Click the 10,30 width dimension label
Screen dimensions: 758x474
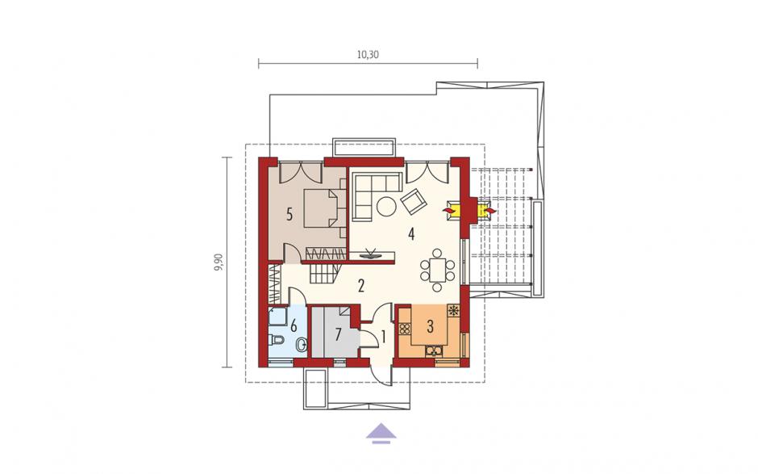point(368,55)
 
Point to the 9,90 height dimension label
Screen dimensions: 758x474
point(219,262)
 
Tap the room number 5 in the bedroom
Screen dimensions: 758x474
point(289,214)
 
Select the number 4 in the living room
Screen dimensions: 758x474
point(411,234)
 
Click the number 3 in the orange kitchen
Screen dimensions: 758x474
point(430,326)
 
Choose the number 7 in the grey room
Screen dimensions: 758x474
point(338,334)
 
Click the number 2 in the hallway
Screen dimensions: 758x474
point(360,286)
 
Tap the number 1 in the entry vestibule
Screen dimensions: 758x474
point(383,337)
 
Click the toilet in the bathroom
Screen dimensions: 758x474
point(276,340)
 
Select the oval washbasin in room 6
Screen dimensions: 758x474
point(301,344)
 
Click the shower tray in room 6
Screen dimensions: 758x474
point(277,317)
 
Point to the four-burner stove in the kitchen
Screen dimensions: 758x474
point(404,329)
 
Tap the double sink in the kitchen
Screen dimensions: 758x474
point(434,350)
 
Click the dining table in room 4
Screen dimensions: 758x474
point(437,271)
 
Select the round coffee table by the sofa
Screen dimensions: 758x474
point(387,207)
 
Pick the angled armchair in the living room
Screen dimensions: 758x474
point(414,201)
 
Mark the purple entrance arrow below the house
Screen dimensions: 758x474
point(381,433)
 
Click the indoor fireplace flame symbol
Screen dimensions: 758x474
point(450,211)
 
